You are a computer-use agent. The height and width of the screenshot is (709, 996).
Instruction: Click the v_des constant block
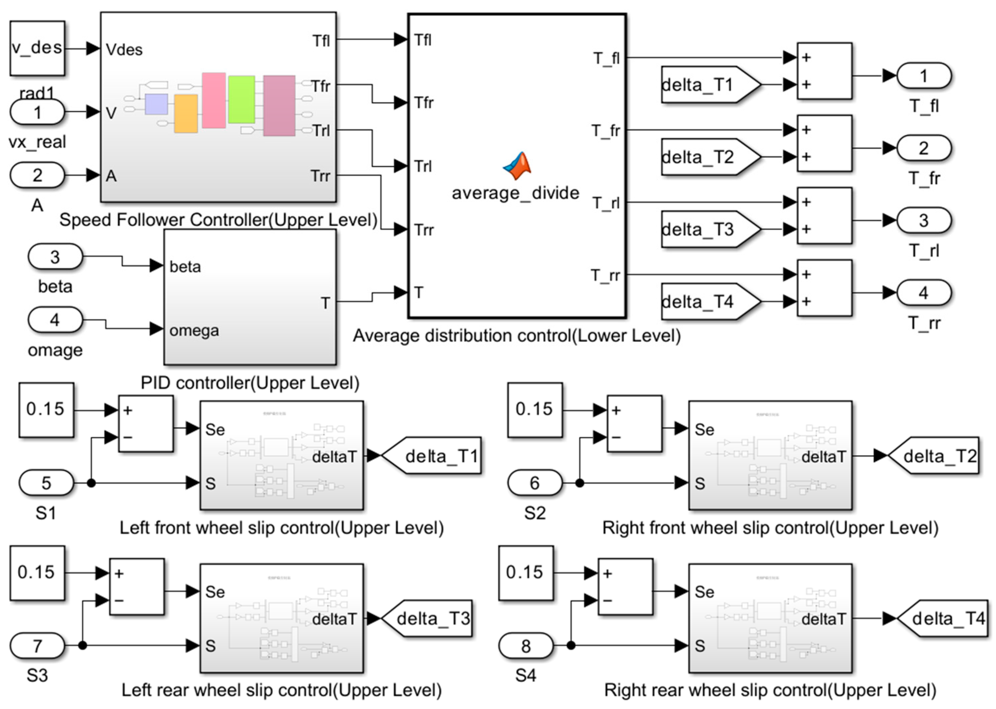[37, 48]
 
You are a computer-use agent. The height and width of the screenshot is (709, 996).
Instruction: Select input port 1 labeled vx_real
[37, 112]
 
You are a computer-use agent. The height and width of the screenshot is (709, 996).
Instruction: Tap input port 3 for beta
[55, 256]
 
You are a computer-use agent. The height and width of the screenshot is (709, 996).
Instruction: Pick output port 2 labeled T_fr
[924, 148]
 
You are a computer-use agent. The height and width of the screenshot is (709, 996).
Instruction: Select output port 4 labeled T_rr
[924, 292]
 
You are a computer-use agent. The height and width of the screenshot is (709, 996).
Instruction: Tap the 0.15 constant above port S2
[534, 410]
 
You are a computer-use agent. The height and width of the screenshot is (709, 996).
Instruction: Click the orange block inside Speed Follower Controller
[186, 114]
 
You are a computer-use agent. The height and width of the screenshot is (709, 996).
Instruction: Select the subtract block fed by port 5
[146, 423]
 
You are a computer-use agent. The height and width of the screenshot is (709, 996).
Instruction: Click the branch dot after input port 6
[580, 483]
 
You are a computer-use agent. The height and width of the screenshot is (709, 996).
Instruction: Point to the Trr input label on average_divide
[423, 230]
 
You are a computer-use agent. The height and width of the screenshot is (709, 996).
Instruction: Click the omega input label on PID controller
[194, 331]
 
